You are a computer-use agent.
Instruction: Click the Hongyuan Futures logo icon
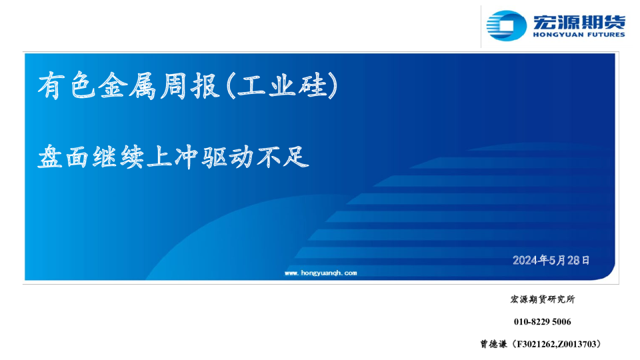(505, 27)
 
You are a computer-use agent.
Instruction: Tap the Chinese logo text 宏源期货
(578, 21)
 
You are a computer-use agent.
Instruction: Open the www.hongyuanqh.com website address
(321, 273)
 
